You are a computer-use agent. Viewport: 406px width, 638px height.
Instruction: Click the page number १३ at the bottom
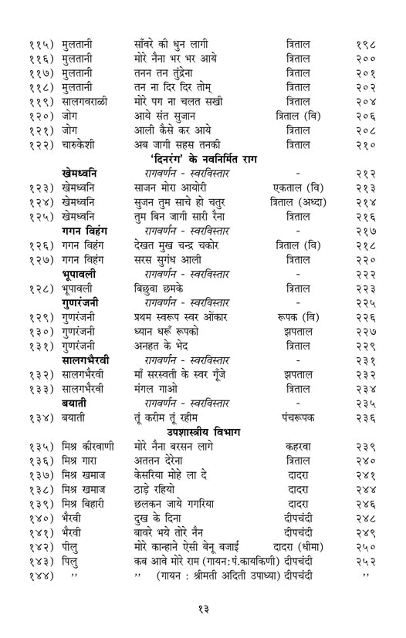coord(202,609)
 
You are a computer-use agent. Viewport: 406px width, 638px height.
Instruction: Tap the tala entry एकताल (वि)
coord(298,188)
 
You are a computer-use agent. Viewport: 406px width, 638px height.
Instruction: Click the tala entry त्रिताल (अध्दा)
coord(298,203)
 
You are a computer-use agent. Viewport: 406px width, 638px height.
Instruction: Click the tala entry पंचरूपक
coord(298,418)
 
